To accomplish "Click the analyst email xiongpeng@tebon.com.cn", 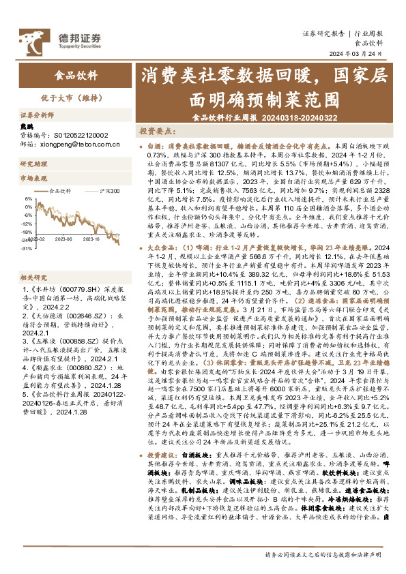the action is pos(75,145).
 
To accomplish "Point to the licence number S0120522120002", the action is pos(78,136).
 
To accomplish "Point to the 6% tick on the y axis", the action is pos(28,198).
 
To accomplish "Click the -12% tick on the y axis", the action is pos(27,223).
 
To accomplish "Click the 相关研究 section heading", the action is pos(33,258).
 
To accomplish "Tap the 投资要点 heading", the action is pos(173,130).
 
